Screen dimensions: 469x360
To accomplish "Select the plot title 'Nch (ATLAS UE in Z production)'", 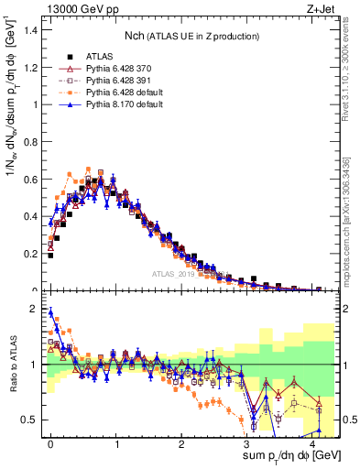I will [x=191, y=36].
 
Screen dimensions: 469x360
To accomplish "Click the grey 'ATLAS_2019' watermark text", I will [x=177, y=273].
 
